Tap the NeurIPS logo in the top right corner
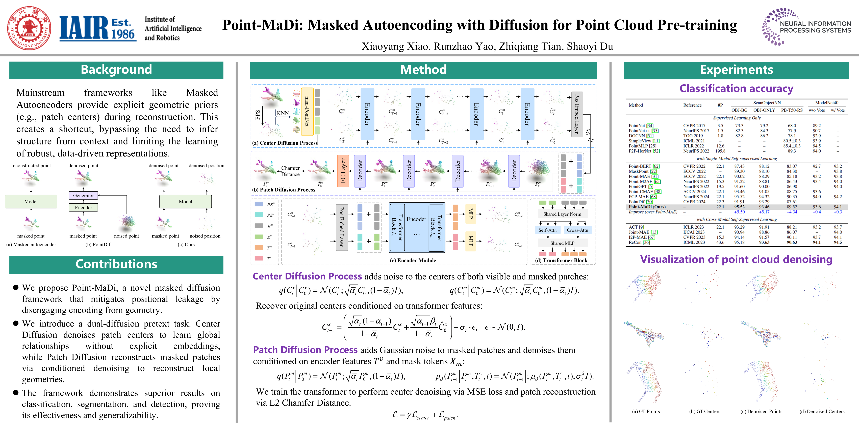pos(806,27)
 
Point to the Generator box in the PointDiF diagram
pos(83,196)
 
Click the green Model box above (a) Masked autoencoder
pos(31,202)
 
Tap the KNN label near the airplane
pos(283,113)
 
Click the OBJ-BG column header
pos(739,110)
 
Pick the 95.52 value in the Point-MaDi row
pos(739,207)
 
